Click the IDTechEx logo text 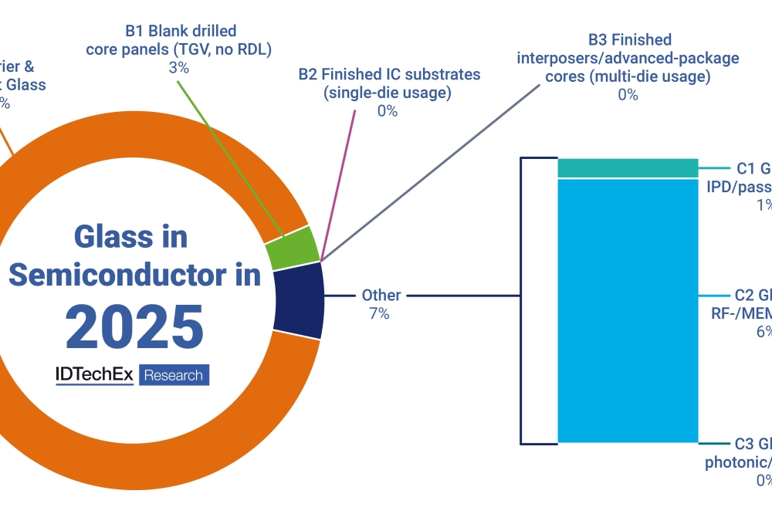click(x=94, y=375)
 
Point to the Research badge click(x=174, y=375)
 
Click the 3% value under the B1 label click(x=180, y=68)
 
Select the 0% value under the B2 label click(x=388, y=111)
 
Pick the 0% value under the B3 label click(x=628, y=95)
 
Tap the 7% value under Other click(x=380, y=314)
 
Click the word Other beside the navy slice click(x=381, y=296)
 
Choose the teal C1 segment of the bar click(x=628, y=167)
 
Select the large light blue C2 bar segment click(x=628, y=309)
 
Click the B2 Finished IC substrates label click(x=389, y=83)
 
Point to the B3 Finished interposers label click(x=628, y=58)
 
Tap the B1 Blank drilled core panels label click(x=180, y=41)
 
